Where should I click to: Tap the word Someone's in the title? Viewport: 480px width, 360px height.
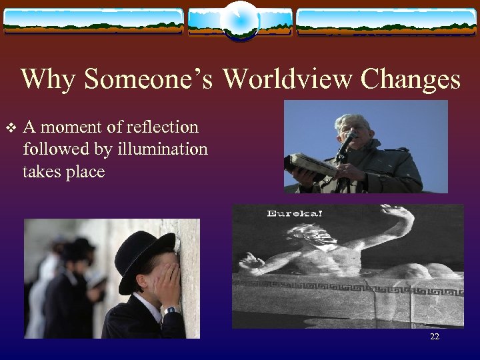[x=149, y=80]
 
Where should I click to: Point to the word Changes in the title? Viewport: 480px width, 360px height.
[x=410, y=80]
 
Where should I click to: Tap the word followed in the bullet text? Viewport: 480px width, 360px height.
[x=51, y=149]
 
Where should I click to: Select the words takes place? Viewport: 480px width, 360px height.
[x=63, y=172]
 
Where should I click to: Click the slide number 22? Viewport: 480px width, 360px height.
[x=435, y=337]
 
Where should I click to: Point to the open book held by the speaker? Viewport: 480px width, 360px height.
[x=308, y=164]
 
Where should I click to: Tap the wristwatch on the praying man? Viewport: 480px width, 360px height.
[x=171, y=309]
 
